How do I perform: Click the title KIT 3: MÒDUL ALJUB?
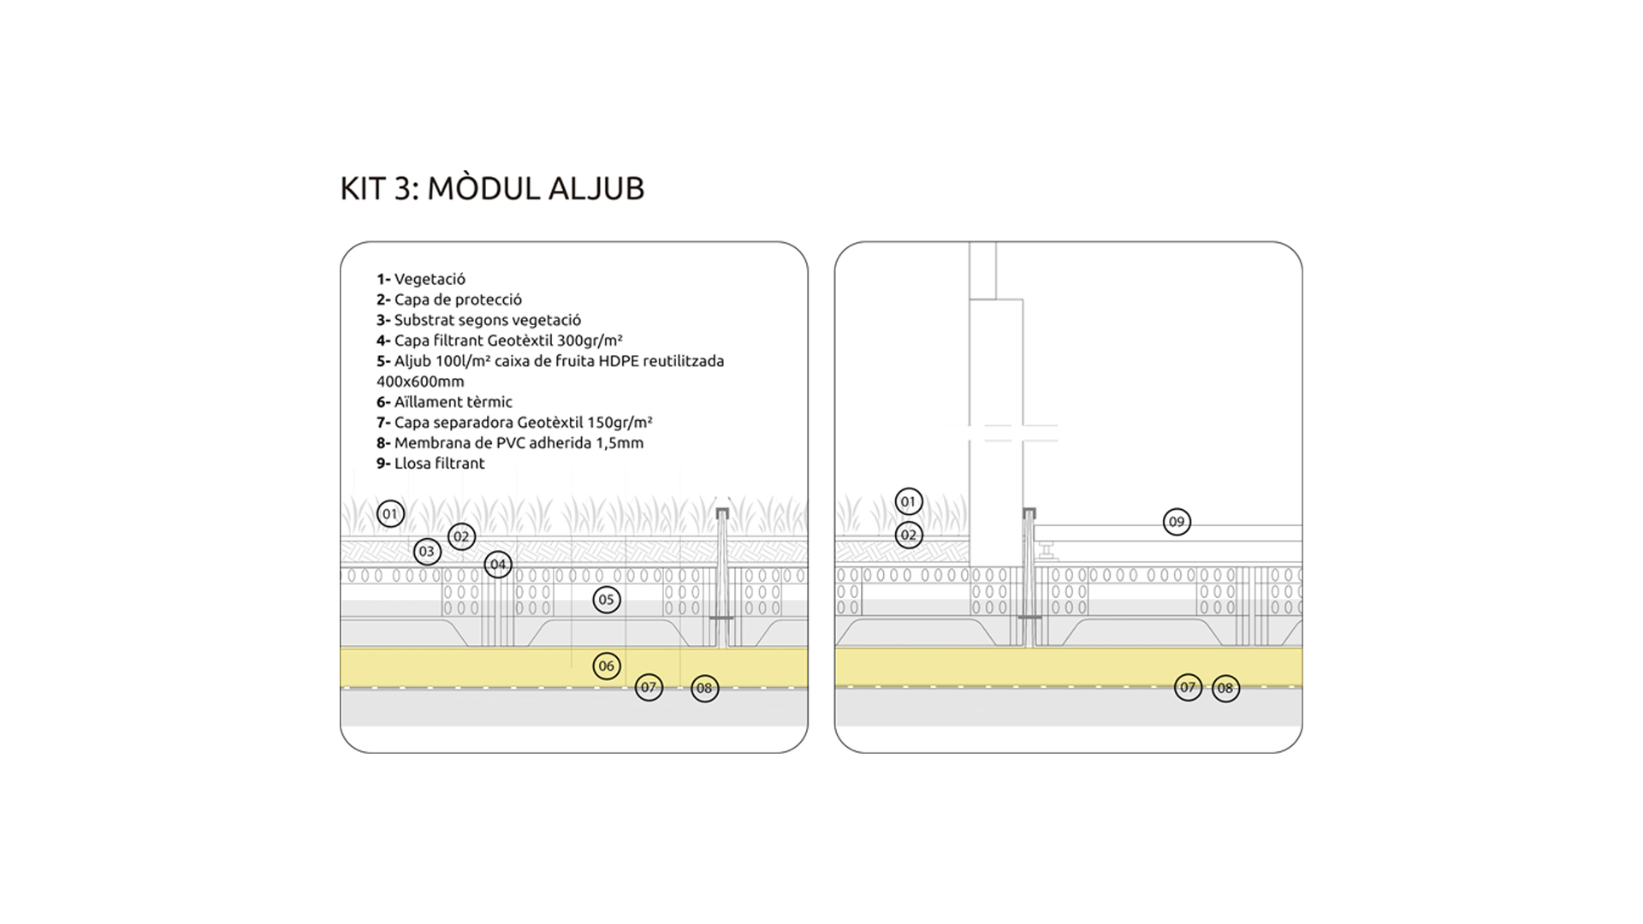[492, 188]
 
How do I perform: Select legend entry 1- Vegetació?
[421, 279]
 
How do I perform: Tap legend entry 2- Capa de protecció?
[449, 299]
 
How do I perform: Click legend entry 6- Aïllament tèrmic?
[445, 402]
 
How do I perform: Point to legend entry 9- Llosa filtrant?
[430, 464]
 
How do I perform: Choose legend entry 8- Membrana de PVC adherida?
[510, 443]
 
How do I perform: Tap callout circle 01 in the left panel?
[390, 514]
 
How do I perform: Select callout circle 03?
[427, 552]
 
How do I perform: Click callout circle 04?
[498, 565]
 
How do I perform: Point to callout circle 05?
[606, 600]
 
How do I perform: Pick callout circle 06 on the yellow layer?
[606, 666]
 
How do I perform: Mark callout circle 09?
[1177, 522]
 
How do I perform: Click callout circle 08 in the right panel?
[1225, 688]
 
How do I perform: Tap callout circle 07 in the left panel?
[649, 687]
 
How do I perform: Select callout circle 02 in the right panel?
[909, 536]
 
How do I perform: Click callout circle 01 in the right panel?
[909, 501]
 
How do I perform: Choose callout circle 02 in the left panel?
[462, 537]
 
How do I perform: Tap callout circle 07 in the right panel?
[1188, 687]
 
